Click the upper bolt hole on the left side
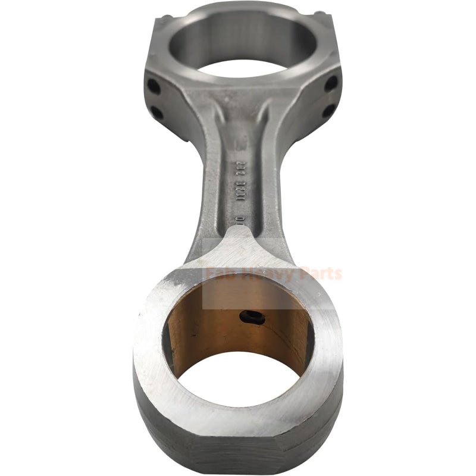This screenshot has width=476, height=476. pos(154,86)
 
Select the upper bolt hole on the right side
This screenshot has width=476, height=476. pos(331,83)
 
